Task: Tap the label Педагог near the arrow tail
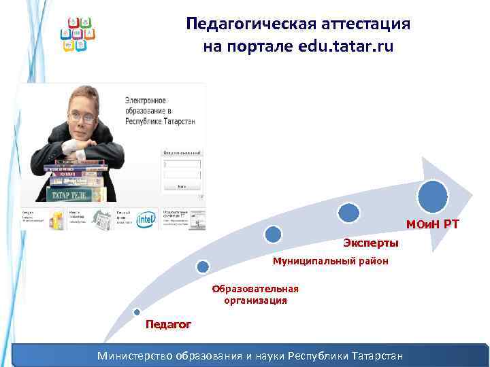[168, 324]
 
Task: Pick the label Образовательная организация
[255, 294]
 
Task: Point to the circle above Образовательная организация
[202, 267]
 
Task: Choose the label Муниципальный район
[330, 260]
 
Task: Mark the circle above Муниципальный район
[273, 234]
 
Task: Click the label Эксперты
[370, 243]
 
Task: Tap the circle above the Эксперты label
[348, 212]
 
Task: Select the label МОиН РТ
[433, 224]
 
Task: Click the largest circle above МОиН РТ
[433, 196]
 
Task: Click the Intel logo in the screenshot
[145, 220]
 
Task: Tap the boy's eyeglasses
[82, 117]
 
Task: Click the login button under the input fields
[181, 186]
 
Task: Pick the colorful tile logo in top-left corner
[78, 33]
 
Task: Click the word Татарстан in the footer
[375, 356]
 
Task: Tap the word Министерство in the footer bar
[135, 356]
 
